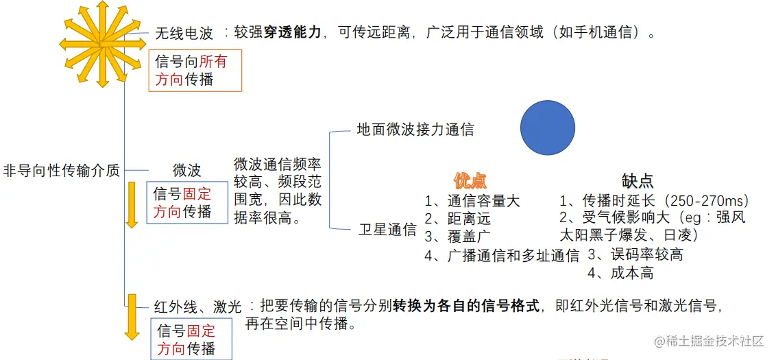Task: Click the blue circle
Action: [547, 128]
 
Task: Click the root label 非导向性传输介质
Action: [62, 171]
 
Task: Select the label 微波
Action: [186, 171]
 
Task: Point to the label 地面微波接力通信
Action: [415, 129]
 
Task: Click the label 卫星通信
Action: [387, 230]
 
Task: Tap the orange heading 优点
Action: [470, 181]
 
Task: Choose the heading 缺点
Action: [638, 181]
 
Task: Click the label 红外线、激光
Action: [197, 306]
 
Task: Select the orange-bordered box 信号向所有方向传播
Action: [195, 71]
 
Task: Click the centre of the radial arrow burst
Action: [102, 44]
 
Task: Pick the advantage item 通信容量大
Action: [483, 202]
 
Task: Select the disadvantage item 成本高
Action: [631, 273]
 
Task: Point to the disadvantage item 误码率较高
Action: [643, 255]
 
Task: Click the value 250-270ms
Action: [708, 202]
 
